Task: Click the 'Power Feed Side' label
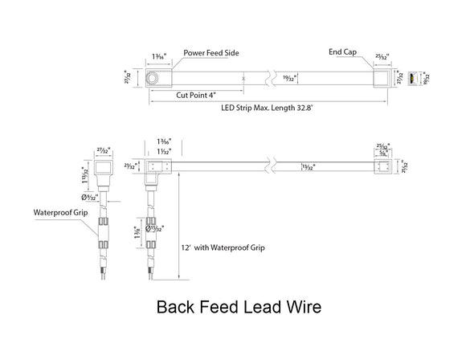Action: [211, 53]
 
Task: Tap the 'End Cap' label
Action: [342, 53]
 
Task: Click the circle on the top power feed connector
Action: [153, 78]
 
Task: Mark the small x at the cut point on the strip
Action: [244, 79]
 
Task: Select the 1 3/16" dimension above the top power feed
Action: [157, 56]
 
